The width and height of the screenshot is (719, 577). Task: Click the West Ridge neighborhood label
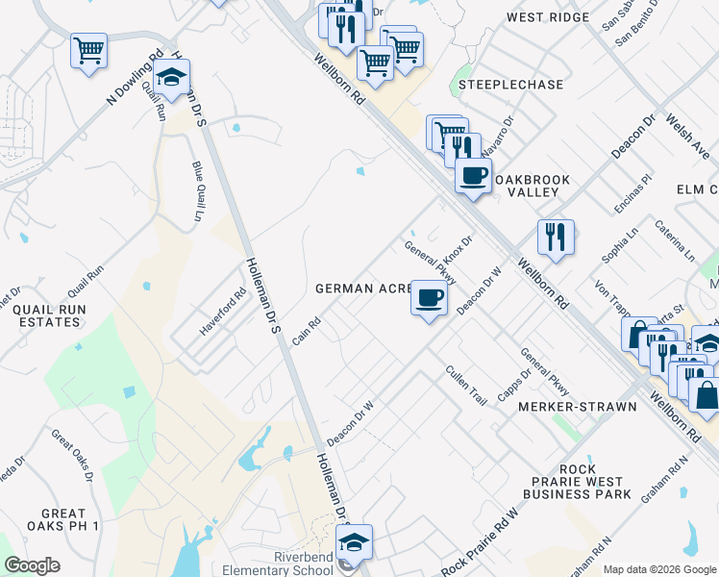(x=547, y=18)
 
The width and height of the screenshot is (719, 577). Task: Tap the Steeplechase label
(x=510, y=85)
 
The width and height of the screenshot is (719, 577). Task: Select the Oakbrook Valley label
(x=532, y=186)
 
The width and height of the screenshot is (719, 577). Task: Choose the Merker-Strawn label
(x=577, y=407)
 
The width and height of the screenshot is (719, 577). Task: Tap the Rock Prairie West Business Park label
(x=577, y=482)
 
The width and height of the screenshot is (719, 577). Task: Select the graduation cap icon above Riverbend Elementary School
(x=354, y=541)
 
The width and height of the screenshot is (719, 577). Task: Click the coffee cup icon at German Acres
(x=429, y=296)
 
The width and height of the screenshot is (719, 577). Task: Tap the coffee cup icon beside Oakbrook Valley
(x=472, y=176)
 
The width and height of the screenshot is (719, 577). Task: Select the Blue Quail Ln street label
(x=199, y=191)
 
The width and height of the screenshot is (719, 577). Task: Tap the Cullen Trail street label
(x=466, y=384)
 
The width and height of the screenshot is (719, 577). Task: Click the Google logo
(x=32, y=565)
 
